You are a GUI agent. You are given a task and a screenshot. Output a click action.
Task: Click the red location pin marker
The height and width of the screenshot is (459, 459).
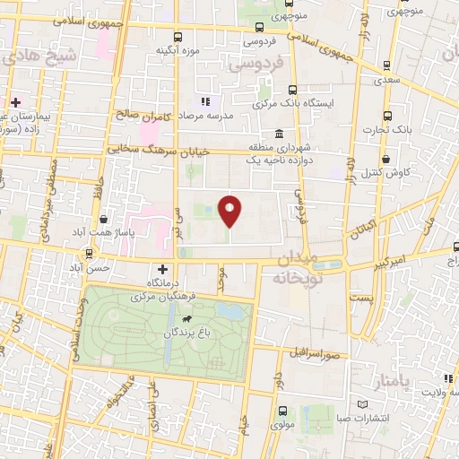[230, 211]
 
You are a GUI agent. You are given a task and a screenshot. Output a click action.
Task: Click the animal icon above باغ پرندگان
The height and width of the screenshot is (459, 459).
[186, 319]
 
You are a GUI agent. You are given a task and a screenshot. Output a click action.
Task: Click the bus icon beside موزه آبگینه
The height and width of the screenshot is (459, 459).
[178, 37]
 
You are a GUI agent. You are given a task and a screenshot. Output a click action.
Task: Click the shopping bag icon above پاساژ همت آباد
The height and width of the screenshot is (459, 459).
[104, 218]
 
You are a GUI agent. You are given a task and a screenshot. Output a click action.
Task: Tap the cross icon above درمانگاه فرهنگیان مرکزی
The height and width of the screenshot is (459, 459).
[161, 269]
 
